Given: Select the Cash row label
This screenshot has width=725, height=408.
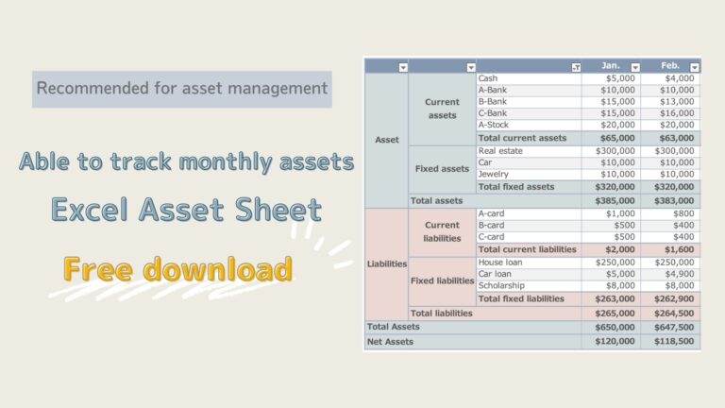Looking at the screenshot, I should click(490, 78).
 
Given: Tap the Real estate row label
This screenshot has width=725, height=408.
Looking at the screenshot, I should click(500, 150).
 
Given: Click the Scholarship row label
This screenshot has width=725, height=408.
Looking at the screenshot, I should click(502, 286).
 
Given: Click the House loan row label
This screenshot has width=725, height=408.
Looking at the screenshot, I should click(501, 262).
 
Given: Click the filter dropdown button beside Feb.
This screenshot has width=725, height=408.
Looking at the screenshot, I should click(695, 67).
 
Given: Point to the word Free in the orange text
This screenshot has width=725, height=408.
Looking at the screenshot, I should click(105, 270).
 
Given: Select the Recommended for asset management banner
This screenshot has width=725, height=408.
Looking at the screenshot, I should click(182, 89).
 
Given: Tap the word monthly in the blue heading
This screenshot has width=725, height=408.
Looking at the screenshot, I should click(223, 162).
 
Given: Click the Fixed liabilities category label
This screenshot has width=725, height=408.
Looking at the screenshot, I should click(442, 281).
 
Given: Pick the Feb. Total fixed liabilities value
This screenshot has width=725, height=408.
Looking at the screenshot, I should click(673, 298).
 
